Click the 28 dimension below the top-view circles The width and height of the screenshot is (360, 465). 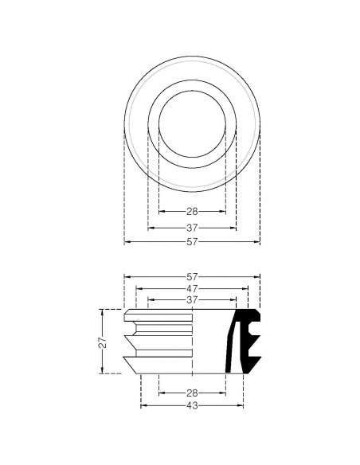click(x=192, y=211)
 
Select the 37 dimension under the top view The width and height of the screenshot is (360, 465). click(x=192, y=226)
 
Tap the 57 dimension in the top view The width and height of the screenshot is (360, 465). click(x=192, y=241)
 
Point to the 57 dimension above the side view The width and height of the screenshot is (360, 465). click(x=192, y=276)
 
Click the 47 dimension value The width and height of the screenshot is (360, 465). click(x=192, y=288)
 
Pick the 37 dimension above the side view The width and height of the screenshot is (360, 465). click(x=192, y=299)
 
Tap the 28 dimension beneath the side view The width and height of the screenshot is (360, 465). click(x=192, y=393)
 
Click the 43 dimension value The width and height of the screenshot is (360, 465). click(x=192, y=405)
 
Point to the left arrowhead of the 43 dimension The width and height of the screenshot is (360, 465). click(x=143, y=405)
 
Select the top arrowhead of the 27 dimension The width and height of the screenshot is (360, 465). click(x=101, y=311)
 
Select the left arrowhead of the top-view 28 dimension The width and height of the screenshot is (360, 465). click(x=162, y=211)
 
